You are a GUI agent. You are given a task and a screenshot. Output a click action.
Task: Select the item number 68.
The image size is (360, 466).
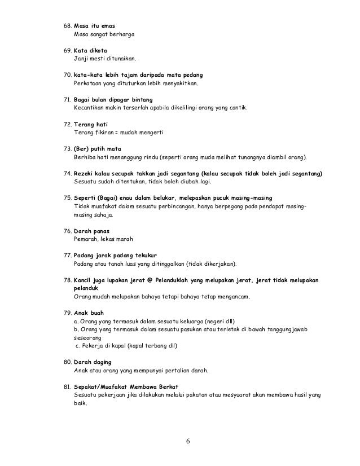pyautogui.click(x=66, y=27)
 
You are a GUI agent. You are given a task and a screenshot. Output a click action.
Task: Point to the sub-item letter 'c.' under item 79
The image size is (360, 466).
pyautogui.click(x=78, y=345)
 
